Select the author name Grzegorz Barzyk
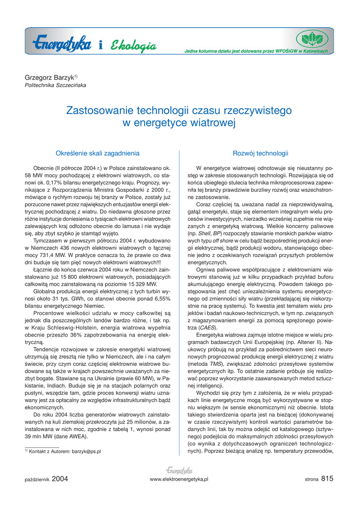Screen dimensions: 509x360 point(49,78)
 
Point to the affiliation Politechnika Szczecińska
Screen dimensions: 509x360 point(55,85)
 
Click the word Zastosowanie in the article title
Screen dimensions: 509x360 point(97,110)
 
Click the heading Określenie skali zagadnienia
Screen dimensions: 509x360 point(97,154)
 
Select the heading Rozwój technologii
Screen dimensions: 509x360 point(261,154)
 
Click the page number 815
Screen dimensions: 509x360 point(327,479)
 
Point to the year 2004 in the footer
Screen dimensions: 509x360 point(59,479)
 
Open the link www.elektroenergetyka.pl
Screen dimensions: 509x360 point(179,479)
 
